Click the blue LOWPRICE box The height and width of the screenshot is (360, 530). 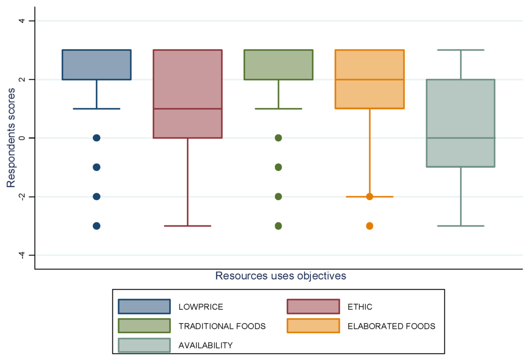click(x=96, y=65)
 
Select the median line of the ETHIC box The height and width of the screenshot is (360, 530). click(x=187, y=109)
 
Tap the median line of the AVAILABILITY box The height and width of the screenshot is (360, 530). click(x=461, y=138)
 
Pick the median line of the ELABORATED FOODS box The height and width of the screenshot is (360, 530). click(x=370, y=80)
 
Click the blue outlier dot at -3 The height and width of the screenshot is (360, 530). click(x=96, y=226)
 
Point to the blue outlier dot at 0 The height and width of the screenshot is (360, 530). click(x=96, y=138)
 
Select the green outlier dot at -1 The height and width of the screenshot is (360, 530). click(x=278, y=167)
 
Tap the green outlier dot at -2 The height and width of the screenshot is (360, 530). click(x=278, y=197)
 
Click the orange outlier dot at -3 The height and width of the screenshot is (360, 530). click(x=370, y=226)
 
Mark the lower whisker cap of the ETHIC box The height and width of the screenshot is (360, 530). click(x=187, y=226)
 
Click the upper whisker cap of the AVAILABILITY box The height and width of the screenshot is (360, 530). click(x=461, y=50)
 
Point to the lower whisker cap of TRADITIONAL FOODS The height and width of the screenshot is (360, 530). click(x=278, y=109)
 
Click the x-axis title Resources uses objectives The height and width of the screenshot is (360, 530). click(x=281, y=276)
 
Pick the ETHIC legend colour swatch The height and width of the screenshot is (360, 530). click(x=313, y=307)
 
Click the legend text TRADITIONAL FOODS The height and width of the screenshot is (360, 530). click(x=222, y=326)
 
